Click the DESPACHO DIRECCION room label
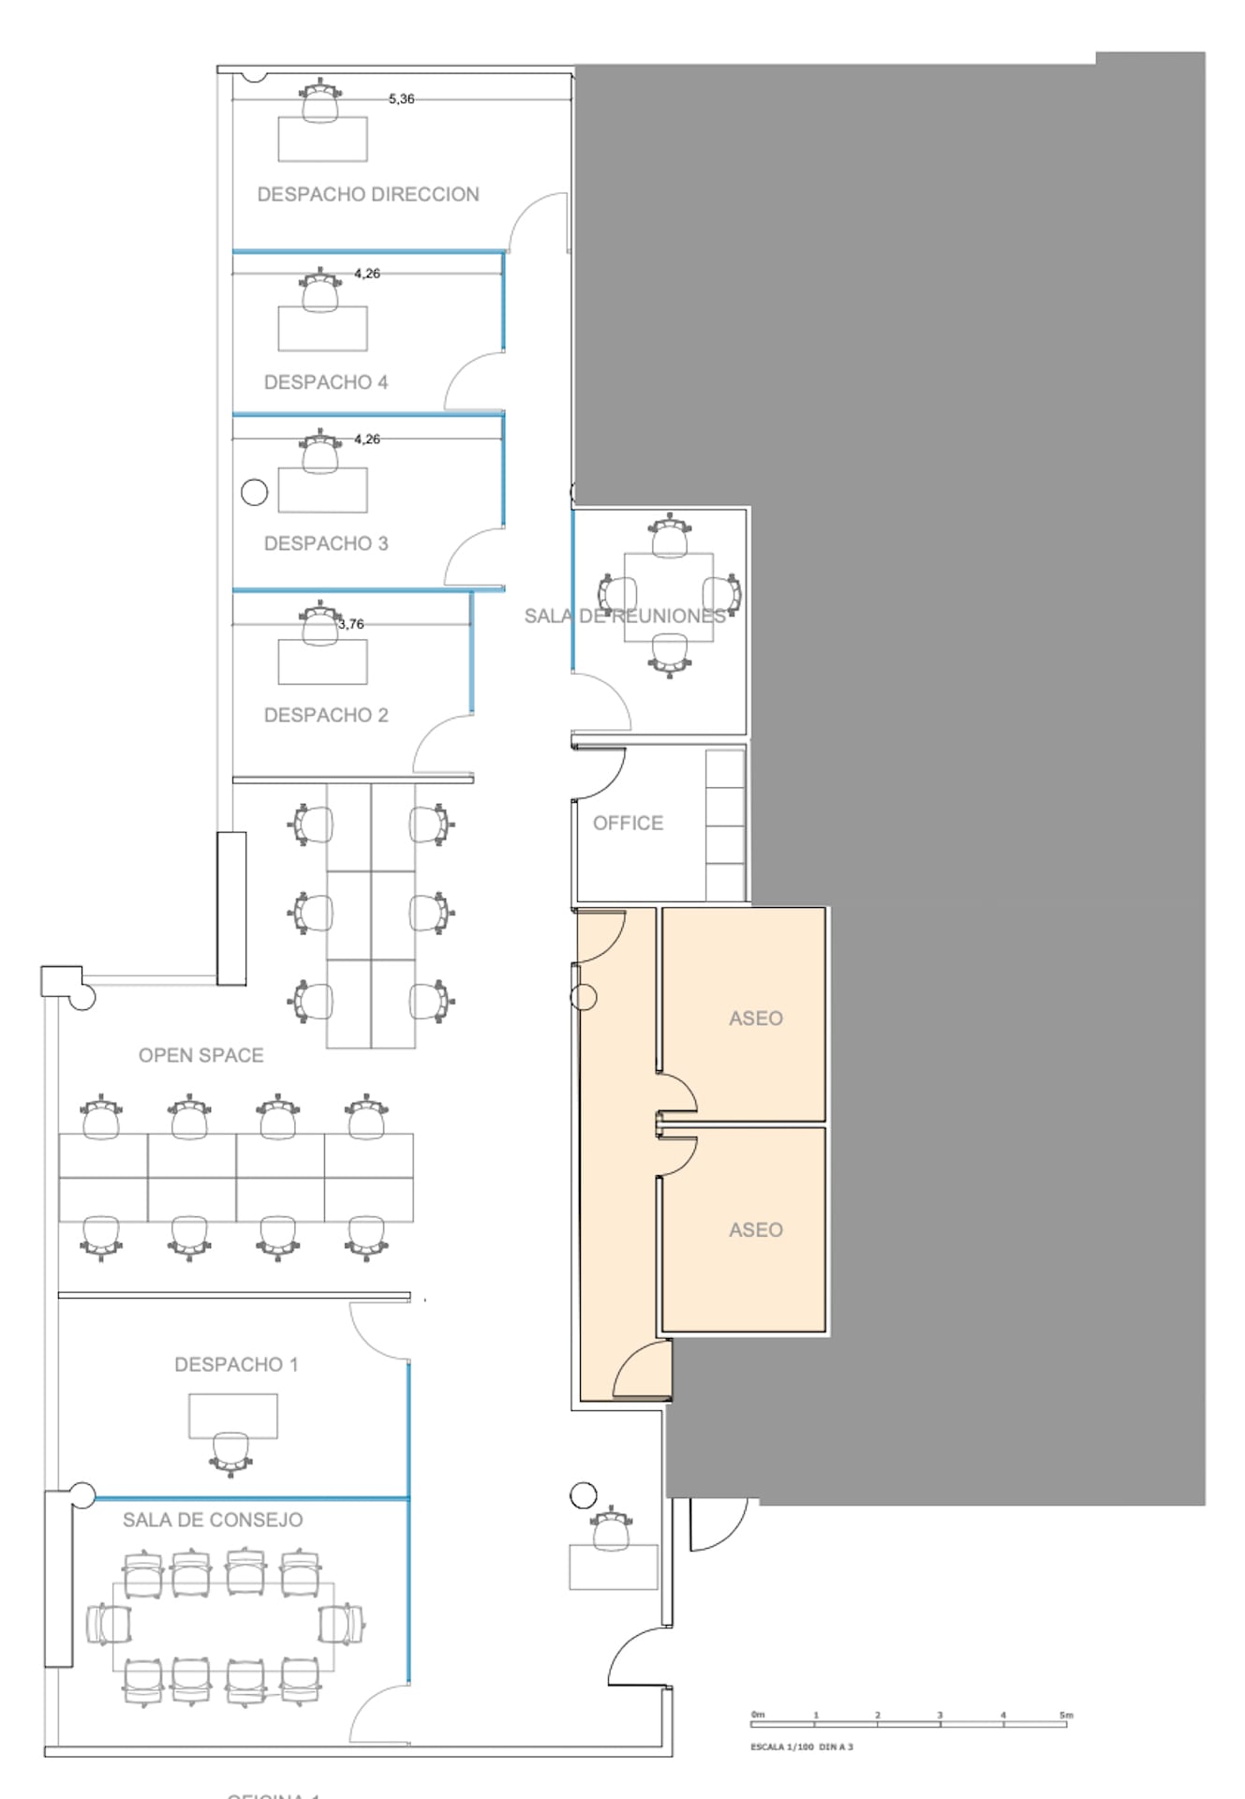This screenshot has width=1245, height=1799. pos(368,194)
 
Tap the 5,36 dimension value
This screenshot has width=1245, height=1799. pos(401,98)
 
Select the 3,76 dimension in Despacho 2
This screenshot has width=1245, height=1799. pos(350,624)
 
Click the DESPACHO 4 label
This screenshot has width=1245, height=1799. pos(325,382)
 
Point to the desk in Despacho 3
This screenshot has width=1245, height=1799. pos(322,491)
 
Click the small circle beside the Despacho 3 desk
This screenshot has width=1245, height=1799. pos(254,492)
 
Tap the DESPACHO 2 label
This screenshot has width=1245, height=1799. pos(325,715)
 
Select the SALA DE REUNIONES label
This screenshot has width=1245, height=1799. pos(624,616)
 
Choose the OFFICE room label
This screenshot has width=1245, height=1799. pos(628,823)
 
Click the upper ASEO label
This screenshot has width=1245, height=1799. pos(755,1018)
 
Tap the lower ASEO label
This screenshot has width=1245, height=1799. pos(755,1230)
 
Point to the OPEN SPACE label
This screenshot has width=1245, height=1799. pos(200,1055)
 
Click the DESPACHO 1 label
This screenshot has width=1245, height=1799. pos(236,1364)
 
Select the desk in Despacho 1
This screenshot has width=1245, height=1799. pos(232,1415)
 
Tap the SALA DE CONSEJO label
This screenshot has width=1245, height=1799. pos(213,1520)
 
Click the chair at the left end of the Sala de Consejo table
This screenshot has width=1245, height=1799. pos(107,1624)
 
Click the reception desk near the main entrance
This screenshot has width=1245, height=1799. pos(614,1568)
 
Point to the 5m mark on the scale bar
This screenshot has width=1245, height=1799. pos(1066,1716)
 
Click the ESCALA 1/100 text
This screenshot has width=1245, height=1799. pos(782,1747)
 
